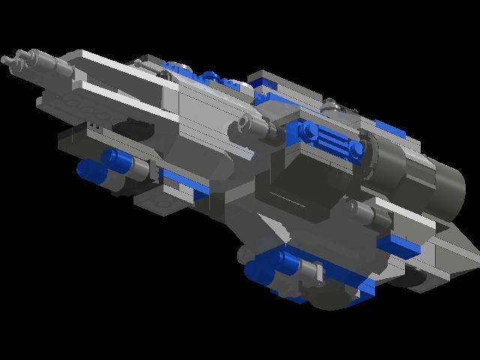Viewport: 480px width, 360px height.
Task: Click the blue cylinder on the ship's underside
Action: (289, 262)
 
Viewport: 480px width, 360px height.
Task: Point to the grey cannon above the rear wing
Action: (360, 214)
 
